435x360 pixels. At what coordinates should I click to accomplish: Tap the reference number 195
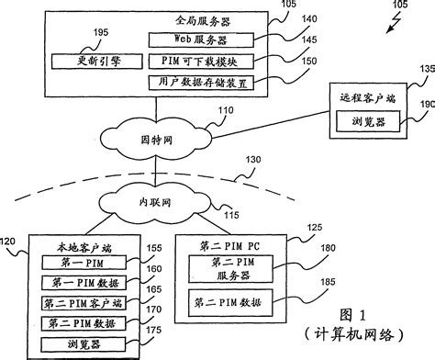tap(103, 31)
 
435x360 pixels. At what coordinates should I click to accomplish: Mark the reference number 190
tap(425, 107)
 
